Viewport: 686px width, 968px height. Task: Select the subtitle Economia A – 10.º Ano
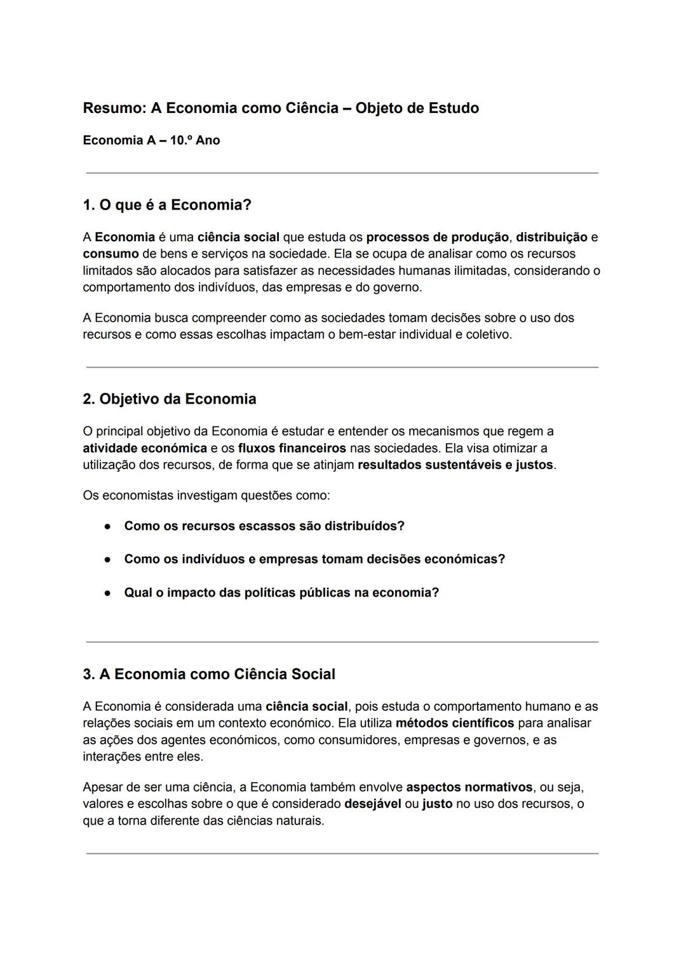coord(151,140)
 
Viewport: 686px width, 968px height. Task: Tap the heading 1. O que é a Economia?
coord(167,205)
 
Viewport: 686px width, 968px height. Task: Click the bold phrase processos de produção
coord(437,237)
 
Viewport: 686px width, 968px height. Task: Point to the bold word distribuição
coord(551,237)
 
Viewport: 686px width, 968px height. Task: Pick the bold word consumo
coord(111,254)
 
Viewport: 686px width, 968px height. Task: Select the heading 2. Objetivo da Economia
coord(170,399)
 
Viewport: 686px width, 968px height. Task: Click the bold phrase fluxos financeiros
coord(292,448)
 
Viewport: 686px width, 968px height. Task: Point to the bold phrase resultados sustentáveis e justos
coord(455,465)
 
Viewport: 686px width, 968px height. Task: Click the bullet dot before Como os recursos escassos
coord(109,527)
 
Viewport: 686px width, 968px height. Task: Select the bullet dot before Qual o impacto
coord(109,593)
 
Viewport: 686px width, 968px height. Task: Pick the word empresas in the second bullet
coord(288,559)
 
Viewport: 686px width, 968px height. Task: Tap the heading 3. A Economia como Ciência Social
coord(209,674)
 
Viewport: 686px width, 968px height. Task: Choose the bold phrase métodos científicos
coord(454,723)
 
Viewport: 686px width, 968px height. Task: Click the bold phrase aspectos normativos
coord(469,787)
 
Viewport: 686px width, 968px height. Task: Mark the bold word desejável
coord(372,804)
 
